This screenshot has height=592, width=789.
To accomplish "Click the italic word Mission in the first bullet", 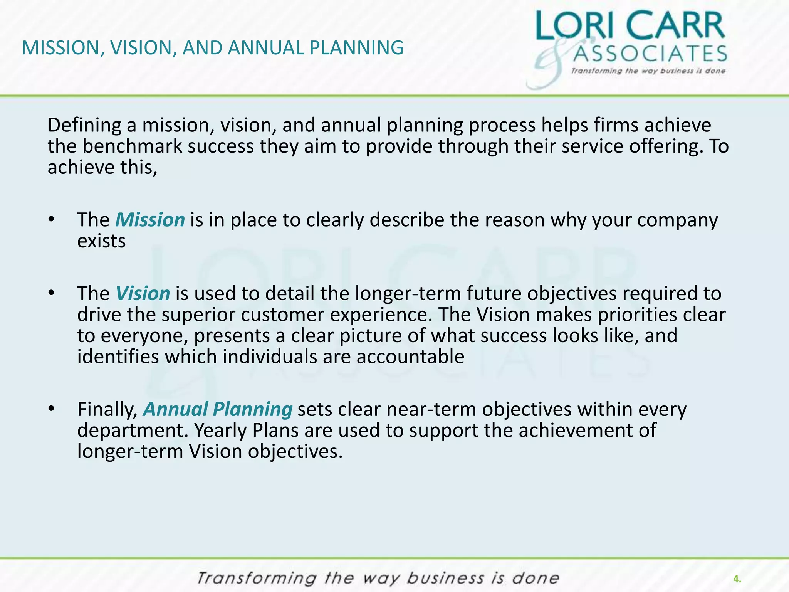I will click(150, 220).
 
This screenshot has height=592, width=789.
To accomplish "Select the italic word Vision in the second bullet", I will click(143, 294).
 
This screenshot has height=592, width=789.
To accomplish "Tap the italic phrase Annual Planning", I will click(218, 409).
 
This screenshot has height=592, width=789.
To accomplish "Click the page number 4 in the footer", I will click(737, 579).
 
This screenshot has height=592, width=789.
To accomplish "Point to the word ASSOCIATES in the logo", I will click(650, 54).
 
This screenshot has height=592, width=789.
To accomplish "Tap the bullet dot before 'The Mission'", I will click(52, 220).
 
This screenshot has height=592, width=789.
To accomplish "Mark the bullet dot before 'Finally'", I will click(52, 409).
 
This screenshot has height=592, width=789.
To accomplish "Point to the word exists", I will click(101, 241).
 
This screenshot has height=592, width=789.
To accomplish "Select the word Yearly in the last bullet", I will click(221, 431).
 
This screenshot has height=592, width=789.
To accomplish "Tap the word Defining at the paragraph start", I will click(84, 126).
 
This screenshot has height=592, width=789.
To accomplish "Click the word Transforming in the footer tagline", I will click(256, 579).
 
